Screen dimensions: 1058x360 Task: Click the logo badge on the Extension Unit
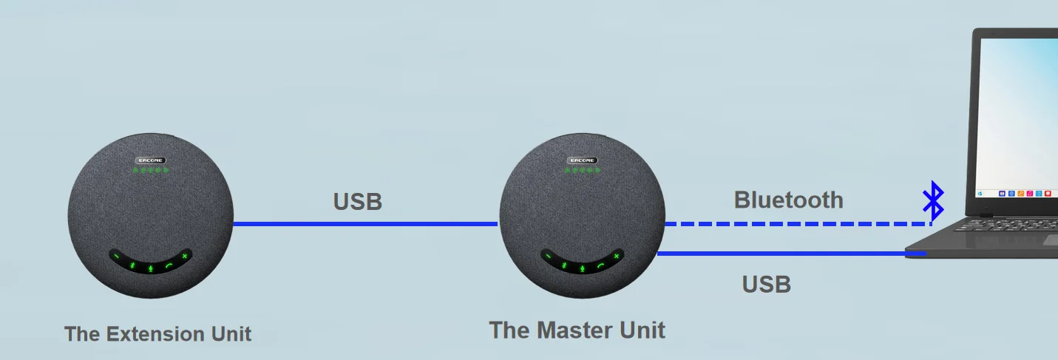(x=150, y=160)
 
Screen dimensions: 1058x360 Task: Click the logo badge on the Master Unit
(x=582, y=160)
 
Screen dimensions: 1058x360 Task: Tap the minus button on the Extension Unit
(x=117, y=257)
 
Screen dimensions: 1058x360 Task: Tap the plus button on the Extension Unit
(x=184, y=257)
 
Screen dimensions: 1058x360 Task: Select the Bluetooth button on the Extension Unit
(x=132, y=265)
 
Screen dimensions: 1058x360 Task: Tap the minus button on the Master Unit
(x=549, y=257)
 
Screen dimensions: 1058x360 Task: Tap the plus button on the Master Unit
(x=616, y=257)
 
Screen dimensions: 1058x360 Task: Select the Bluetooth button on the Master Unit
(x=564, y=265)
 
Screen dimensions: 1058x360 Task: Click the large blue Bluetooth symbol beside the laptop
(x=933, y=200)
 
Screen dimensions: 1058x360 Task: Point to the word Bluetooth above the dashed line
(x=788, y=200)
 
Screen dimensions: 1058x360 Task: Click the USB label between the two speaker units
(x=358, y=202)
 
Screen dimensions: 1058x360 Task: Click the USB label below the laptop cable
(x=767, y=284)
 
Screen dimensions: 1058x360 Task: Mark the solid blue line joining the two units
(x=365, y=223)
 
